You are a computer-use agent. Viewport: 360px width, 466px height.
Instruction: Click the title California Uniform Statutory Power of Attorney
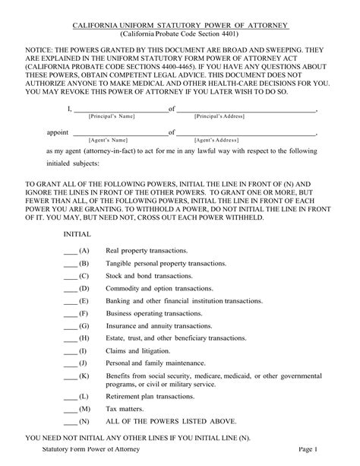pyautogui.click(x=180, y=26)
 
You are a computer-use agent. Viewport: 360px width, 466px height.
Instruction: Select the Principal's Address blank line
pyautogui.click(x=246, y=109)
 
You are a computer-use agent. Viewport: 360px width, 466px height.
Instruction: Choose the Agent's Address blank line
pyautogui.click(x=246, y=134)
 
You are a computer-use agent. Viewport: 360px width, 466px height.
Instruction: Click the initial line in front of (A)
pyautogui.click(x=70, y=251)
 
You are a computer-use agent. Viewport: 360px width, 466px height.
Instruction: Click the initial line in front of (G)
pyautogui.click(x=70, y=328)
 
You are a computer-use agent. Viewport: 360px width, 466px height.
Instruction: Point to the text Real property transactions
pyautogui.click(x=142, y=250)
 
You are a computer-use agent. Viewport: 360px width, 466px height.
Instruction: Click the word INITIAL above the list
pyautogui.click(x=77, y=235)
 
